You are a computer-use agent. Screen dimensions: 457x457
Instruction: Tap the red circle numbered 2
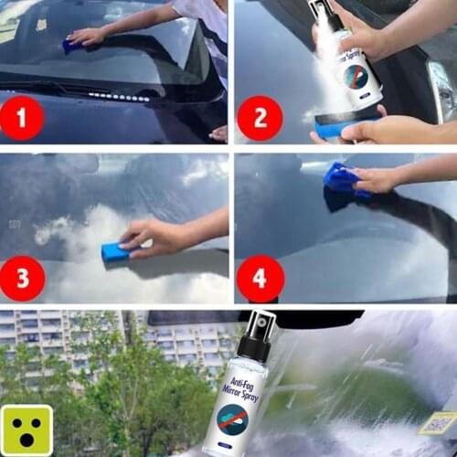[x=260, y=118]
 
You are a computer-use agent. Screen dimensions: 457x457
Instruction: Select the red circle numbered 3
[x=25, y=278]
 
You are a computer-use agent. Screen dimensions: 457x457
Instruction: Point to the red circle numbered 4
[x=260, y=278]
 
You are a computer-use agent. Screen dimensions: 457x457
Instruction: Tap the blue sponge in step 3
[x=116, y=251]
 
